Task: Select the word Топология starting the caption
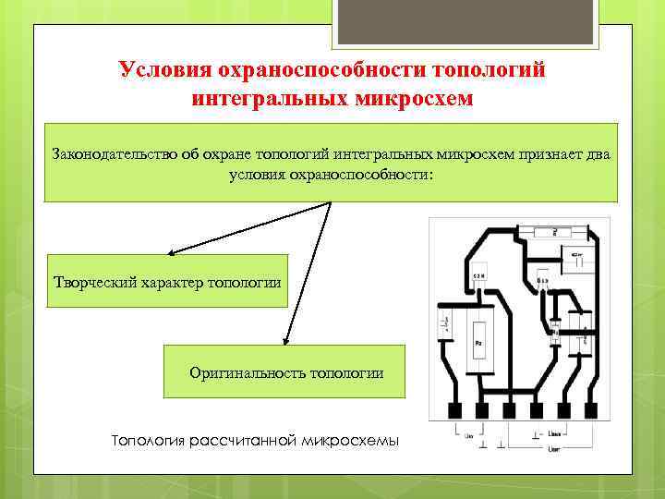[x=148, y=441]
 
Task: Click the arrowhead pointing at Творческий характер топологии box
[x=172, y=251]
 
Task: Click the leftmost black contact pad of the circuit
[x=454, y=409]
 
